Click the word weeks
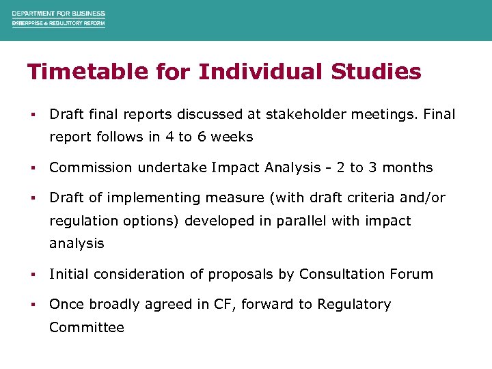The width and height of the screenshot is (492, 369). coord(232,137)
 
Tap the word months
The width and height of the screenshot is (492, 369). coord(407,167)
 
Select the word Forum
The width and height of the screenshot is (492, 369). coord(411,274)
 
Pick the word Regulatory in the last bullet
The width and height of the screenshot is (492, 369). coord(354,304)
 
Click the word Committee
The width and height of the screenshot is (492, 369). coord(87,327)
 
